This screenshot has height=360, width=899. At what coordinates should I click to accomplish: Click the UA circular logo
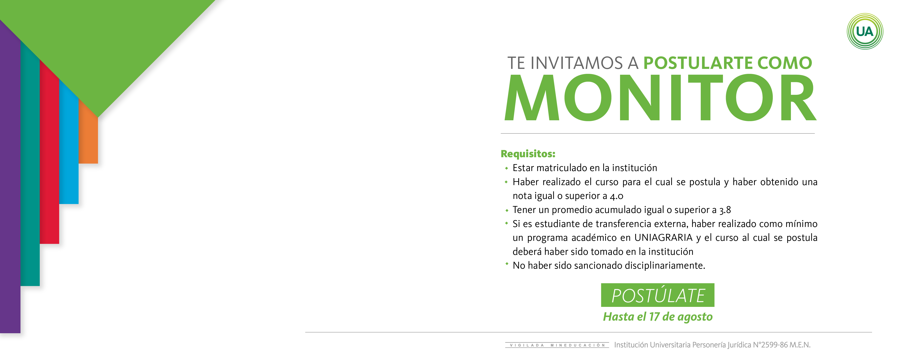click(865, 32)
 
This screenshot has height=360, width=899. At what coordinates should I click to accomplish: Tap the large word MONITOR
click(660, 97)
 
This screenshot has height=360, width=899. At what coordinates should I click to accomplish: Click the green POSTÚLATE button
click(658, 295)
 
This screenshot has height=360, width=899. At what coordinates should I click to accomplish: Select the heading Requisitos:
click(528, 154)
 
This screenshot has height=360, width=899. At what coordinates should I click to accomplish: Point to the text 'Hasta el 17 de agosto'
click(658, 317)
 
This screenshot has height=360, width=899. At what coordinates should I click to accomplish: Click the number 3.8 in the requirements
click(725, 210)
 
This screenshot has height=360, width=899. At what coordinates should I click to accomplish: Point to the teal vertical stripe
click(30, 163)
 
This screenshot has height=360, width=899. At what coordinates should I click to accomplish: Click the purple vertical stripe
click(10, 176)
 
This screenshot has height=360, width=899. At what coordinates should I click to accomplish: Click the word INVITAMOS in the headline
click(576, 63)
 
